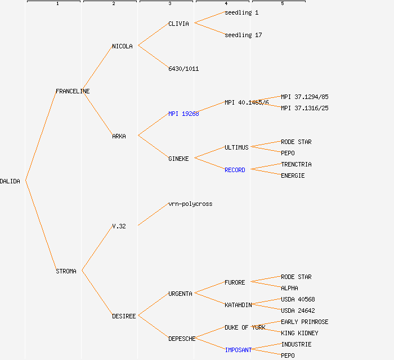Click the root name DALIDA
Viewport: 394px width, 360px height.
pos(10,181)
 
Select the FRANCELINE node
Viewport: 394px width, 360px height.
pos(73,91)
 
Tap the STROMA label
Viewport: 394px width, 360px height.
pos(66,271)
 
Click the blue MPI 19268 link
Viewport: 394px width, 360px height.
pos(183,114)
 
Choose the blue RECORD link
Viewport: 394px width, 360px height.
pos(235,170)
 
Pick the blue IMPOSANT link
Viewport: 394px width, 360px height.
pos(238,350)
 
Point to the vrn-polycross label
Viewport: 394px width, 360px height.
pos(190,204)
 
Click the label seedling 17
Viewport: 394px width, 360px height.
pos(243,35)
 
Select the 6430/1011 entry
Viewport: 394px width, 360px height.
pos(183,69)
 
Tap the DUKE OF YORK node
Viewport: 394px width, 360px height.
pos(245,327)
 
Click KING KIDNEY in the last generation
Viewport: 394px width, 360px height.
pos(299,333)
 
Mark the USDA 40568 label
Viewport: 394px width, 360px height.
pos(298,299)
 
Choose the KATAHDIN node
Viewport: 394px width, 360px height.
pos(238,305)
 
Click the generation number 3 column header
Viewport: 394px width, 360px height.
pos(169,4)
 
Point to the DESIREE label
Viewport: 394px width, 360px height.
pos(124,316)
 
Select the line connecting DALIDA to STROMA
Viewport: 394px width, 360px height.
pos(41,226)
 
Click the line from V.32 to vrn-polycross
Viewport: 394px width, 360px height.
pos(153,214)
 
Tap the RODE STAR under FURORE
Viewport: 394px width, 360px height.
pos(296,277)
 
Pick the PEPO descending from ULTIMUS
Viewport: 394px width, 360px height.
pos(288,153)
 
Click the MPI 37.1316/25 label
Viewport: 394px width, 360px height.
pos(305,108)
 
